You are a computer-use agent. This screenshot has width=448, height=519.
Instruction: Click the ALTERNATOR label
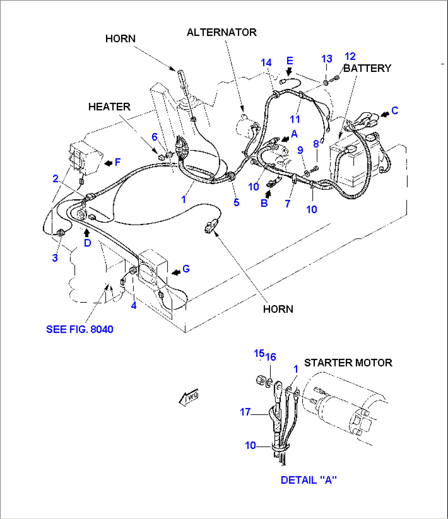click(x=222, y=32)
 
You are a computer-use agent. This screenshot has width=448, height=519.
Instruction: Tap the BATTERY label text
click(x=367, y=68)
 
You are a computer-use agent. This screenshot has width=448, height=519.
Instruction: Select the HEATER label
click(x=109, y=107)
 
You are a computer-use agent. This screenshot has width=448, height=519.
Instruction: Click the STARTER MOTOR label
click(x=348, y=363)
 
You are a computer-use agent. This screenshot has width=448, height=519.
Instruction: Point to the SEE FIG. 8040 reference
click(x=80, y=329)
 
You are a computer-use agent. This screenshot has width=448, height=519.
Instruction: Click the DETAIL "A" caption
click(x=309, y=480)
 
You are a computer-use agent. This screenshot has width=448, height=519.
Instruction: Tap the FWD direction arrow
click(x=189, y=397)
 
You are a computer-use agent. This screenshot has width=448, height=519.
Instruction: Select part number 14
click(x=266, y=63)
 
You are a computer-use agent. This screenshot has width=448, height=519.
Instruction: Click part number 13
click(x=326, y=59)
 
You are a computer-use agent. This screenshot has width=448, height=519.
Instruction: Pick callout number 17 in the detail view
click(x=245, y=412)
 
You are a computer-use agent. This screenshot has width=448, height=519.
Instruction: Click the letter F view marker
click(x=118, y=162)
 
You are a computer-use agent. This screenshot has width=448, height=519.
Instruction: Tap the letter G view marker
click(x=186, y=269)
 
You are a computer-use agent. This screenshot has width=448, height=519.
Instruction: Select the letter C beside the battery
click(x=395, y=111)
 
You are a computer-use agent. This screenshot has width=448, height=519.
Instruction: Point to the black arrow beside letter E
click(x=289, y=72)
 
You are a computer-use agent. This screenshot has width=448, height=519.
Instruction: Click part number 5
click(x=236, y=203)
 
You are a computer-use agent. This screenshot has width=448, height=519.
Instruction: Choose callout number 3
click(x=55, y=258)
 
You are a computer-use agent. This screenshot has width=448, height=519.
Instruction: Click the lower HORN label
click(x=278, y=309)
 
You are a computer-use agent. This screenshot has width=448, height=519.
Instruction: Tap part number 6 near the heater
click(x=155, y=137)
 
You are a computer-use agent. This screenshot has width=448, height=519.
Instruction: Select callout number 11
click(x=295, y=120)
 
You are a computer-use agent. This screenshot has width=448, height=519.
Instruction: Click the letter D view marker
click(x=88, y=243)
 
